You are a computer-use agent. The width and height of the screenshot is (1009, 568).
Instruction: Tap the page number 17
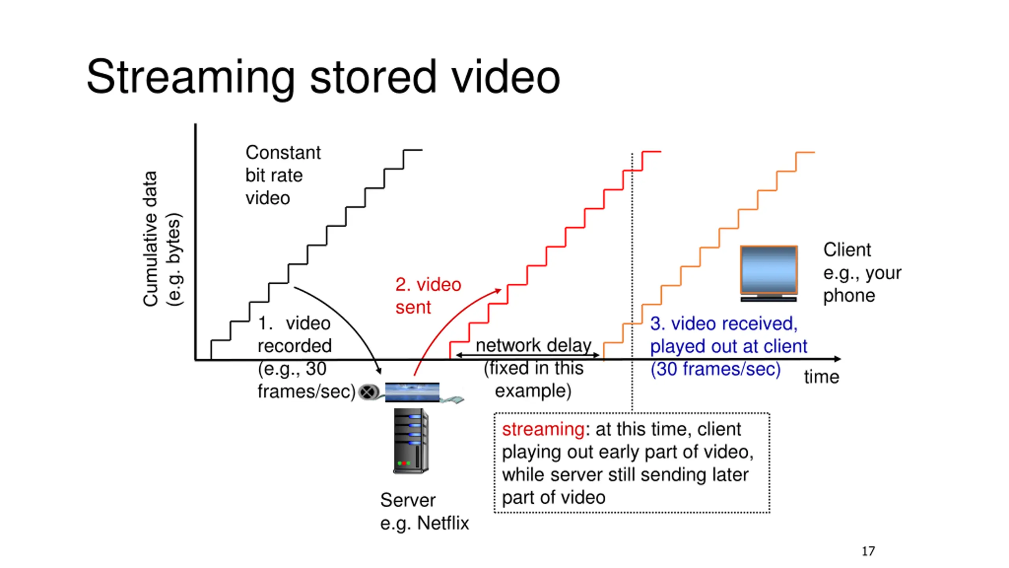[868, 551]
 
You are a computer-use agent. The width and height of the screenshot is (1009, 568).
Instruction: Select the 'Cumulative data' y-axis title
[150, 239]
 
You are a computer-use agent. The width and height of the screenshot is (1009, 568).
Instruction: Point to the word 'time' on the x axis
[821, 377]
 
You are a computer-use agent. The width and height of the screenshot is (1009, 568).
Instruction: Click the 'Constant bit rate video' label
[283, 175]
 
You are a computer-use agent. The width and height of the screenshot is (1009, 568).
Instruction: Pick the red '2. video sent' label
[428, 295]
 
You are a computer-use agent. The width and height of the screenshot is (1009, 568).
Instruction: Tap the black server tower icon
[411, 441]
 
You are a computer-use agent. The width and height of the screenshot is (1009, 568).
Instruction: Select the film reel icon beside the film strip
[368, 392]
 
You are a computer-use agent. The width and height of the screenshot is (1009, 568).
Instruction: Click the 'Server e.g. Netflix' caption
[424, 511]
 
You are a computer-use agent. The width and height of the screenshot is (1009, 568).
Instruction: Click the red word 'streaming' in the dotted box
[543, 429]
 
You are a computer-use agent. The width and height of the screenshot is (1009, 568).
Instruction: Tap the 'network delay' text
[533, 345]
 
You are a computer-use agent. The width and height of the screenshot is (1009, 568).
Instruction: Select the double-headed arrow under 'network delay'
[528, 355]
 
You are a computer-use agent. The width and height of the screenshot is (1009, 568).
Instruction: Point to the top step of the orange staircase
[805, 152]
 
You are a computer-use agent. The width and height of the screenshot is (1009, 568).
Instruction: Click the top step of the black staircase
[413, 150]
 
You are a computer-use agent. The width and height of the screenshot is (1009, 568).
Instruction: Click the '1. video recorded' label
[294, 334]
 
